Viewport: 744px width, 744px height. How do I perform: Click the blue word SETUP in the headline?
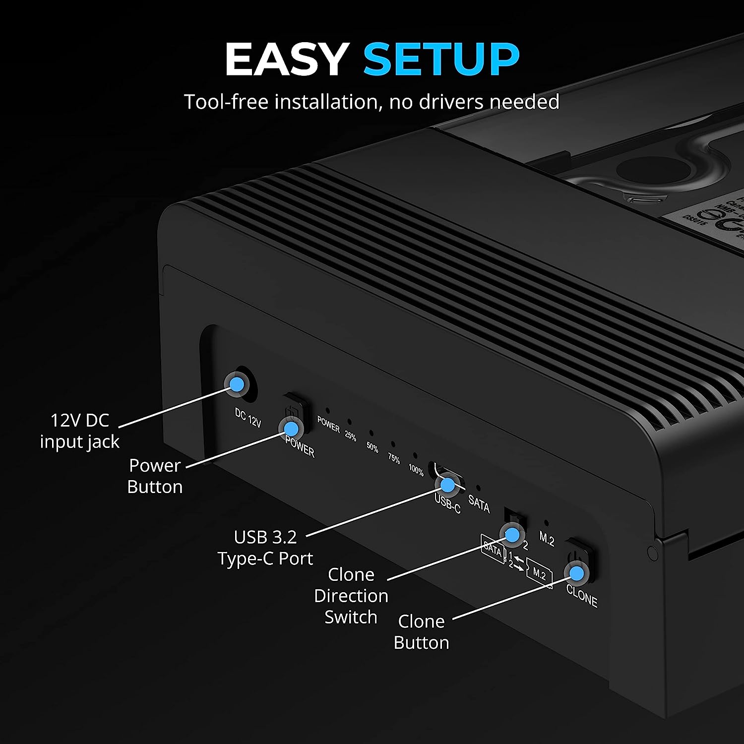click(x=441, y=59)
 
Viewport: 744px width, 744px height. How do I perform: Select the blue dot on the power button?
click(x=291, y=428)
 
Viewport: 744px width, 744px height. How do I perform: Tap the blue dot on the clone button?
click(x=576, y=573)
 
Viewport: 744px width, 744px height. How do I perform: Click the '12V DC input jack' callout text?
click(x=79, y=431)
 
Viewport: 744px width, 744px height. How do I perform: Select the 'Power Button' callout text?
click(x=155, y=476)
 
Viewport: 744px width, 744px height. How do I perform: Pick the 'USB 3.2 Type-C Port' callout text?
click(x=265, y=548)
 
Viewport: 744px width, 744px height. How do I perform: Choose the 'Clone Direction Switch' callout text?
click(x=351, y=596)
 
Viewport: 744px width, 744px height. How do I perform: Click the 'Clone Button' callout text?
click(x=421, y=632)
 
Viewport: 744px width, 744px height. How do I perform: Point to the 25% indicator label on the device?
click(x=350, y=436)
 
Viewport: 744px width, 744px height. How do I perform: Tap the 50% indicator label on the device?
click(x=372, y=447)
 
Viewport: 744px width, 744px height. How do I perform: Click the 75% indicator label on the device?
click(x=394, y=459)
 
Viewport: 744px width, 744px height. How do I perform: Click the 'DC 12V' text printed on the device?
click(x=248, y=418)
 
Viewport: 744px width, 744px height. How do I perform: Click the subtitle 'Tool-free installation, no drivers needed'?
click(x=372, y=102)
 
